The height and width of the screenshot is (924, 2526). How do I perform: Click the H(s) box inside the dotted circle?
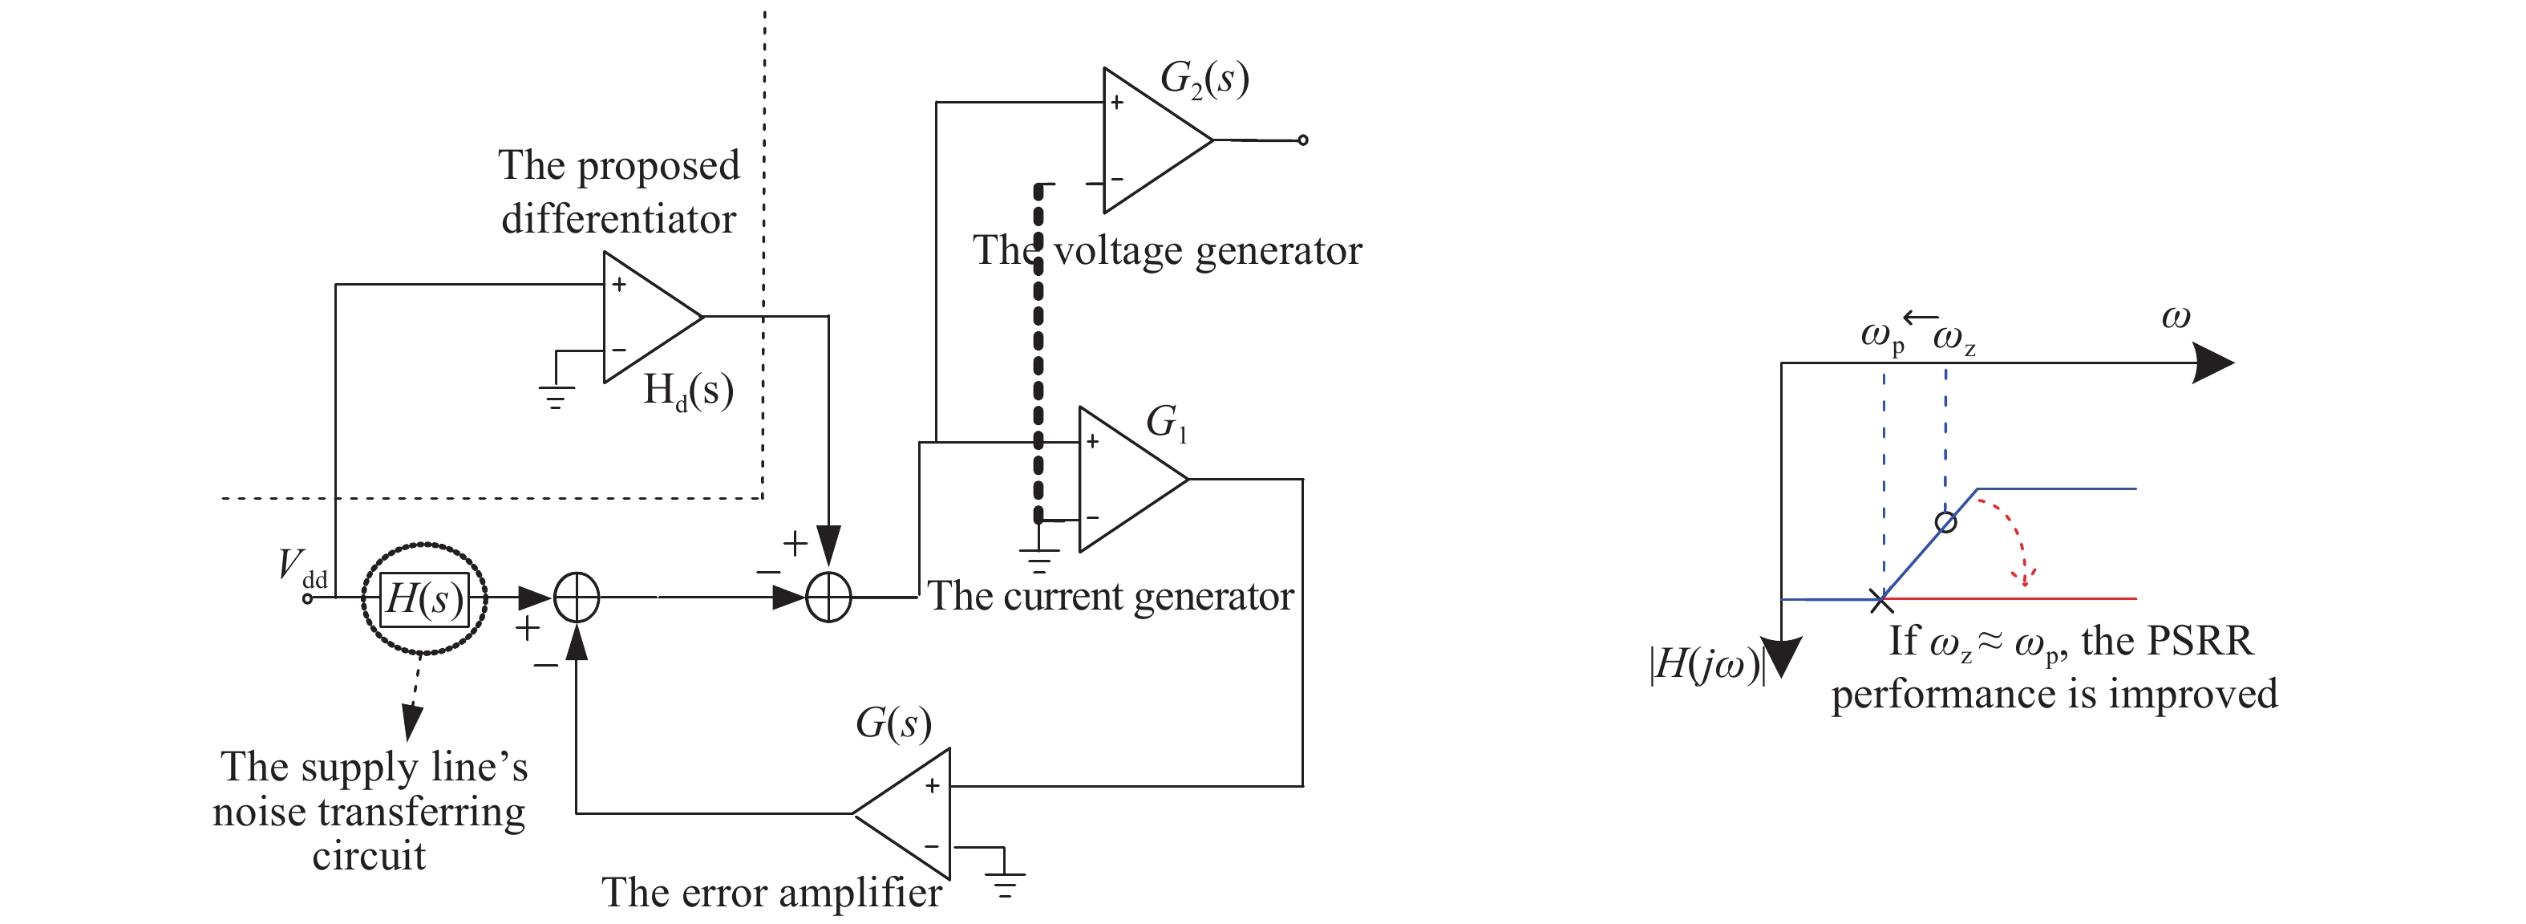click(x=423, y=598)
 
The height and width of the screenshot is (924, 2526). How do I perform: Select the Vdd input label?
click(x=300, y=568)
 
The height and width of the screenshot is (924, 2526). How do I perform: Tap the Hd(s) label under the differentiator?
click(x=687, y=391)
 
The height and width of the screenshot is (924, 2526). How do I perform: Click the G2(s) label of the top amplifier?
click(x=1204, y=79)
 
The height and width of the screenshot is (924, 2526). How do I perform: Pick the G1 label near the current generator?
click(x=1166, y=423)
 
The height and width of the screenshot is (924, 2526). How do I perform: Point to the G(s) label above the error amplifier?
click(x=893, y=724)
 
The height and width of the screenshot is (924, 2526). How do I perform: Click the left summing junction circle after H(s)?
click(x=577, y=598)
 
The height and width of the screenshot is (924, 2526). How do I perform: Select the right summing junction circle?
click(x=828, y=598)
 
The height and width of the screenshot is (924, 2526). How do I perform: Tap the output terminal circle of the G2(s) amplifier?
click(x=1302, y=140)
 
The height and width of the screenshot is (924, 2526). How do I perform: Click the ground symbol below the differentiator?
click(x=556, y=396)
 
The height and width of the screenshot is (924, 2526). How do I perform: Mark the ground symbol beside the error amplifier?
click(x=1005, y=883)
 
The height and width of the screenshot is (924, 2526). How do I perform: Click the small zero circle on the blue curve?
click(x=1946, y=522)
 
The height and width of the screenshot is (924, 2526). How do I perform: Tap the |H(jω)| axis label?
click(x=1707, y=665)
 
